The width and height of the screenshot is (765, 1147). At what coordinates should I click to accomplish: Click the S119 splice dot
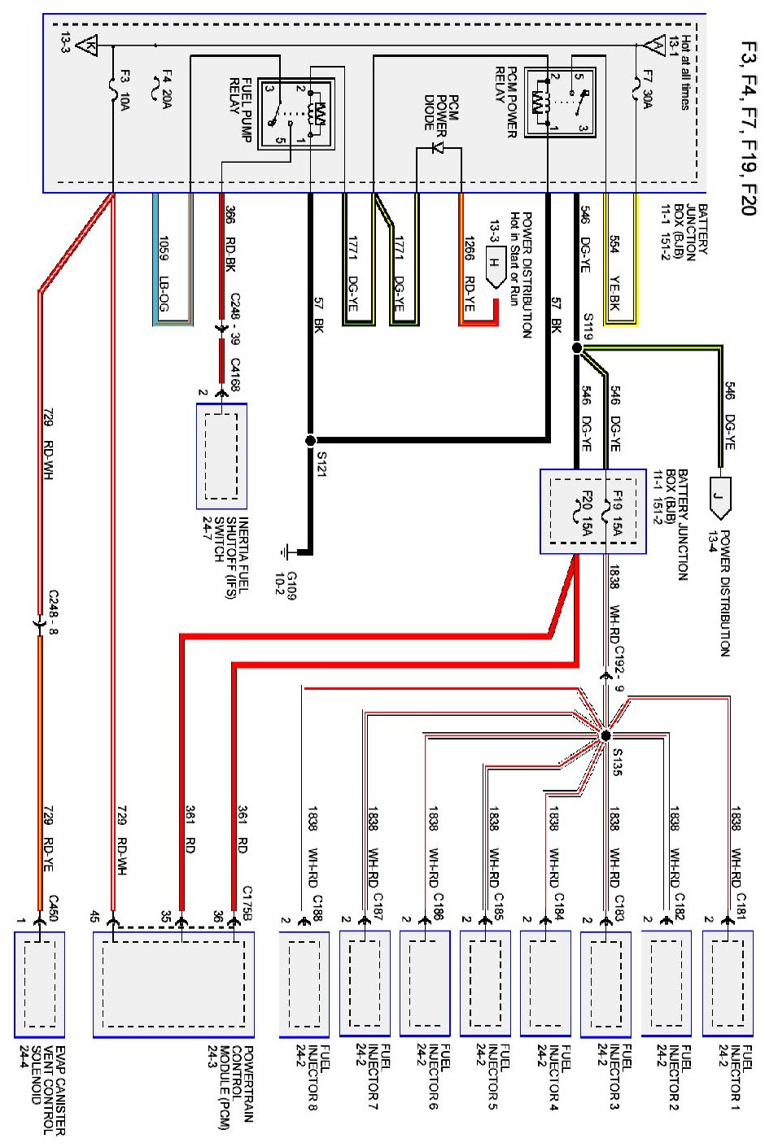(x=577, y=348)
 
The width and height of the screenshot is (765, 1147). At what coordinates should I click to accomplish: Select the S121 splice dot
(x=309, y=441)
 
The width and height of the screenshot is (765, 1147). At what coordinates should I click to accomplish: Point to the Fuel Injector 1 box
(x=728, y=983)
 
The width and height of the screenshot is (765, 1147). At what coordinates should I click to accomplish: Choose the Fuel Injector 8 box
(x=304, y=983)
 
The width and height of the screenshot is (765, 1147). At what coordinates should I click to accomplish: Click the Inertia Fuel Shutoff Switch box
(x=221, y=456)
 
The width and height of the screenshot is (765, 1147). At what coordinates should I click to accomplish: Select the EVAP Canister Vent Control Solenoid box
(x=40, y=983)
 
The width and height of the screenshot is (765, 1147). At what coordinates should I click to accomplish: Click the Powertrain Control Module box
(x=173, y=983)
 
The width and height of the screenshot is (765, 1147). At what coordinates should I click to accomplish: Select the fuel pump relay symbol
(x=294, y=114)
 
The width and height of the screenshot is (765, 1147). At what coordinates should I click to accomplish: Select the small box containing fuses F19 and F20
(x=593, y=512)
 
